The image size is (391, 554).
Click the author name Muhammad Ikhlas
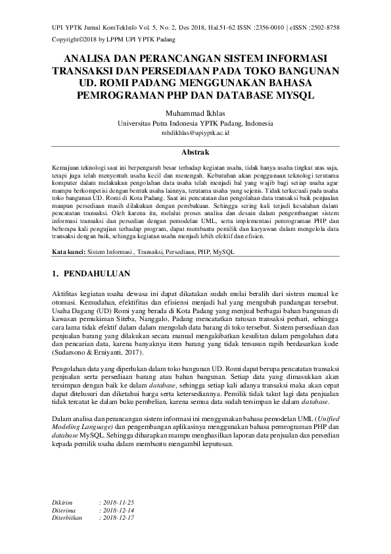(195, 113)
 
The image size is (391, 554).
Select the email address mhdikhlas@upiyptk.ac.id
(195, 133)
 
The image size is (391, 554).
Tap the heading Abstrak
(195, 152)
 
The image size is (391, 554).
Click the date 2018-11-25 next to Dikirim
(116, 502)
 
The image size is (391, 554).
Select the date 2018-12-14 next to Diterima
(116, 510)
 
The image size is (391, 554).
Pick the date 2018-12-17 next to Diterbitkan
(116, 518)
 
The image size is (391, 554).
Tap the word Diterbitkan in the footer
(69, 518)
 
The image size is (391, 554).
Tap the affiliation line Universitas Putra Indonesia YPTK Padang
(195, 123)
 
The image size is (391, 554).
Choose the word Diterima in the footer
(65, 510)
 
